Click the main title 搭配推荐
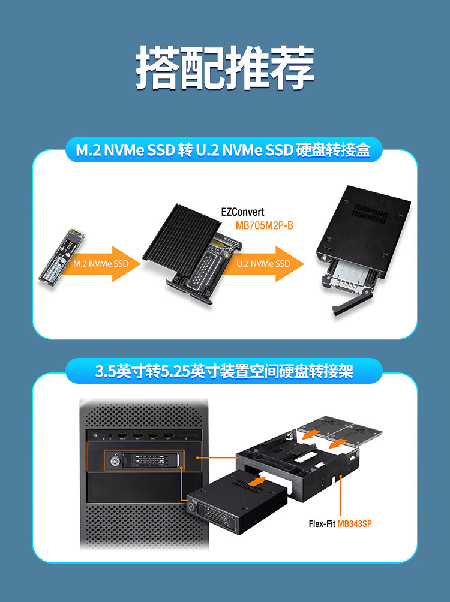tap(225, 67)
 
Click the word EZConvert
tap(242, 212)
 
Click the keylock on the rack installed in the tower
tap(115, 462)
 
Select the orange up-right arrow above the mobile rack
tap(256, 480)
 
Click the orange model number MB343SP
tap(355, 523)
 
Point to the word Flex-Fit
tap(322, 523)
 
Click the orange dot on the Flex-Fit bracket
tap(341, 478)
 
